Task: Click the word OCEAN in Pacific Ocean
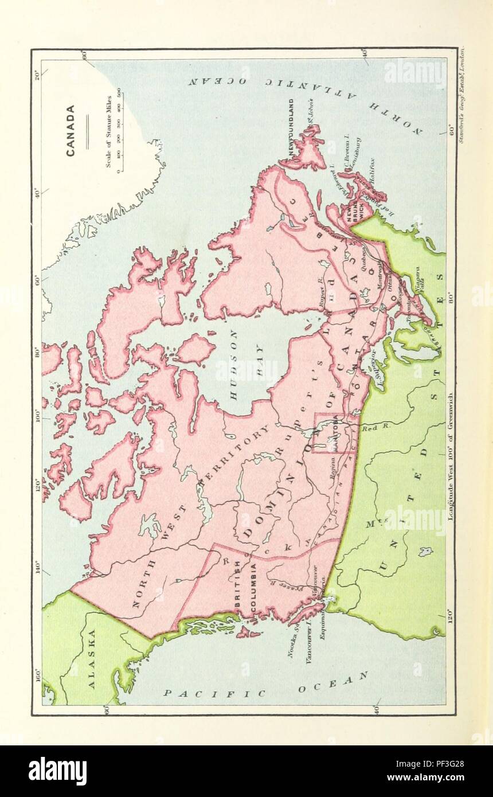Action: (332, 683)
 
